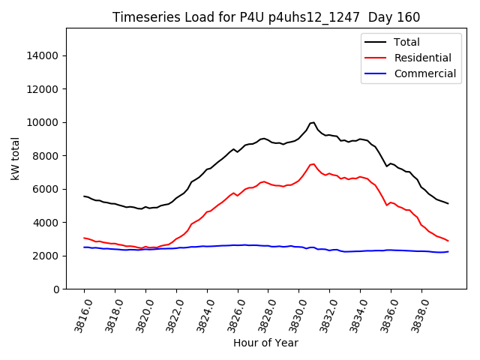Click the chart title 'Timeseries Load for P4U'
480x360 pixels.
click(266, 17)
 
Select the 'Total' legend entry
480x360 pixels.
click(407, 42)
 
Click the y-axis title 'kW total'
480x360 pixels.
click(15, 159)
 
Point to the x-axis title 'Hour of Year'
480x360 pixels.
click(265, 343)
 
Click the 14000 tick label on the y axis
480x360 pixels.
click(42, 55)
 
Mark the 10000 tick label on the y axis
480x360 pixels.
click(42, 122)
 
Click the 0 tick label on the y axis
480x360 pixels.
click(56, 289)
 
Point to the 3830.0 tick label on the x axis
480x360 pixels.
click(295, 312)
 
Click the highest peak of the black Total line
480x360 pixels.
click(313, 122)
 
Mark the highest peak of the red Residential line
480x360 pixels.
click(313, 163)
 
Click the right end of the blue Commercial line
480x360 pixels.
click(448, 251)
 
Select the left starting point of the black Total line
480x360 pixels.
click(84, 196)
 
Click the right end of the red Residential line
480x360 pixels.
click(448, 241)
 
